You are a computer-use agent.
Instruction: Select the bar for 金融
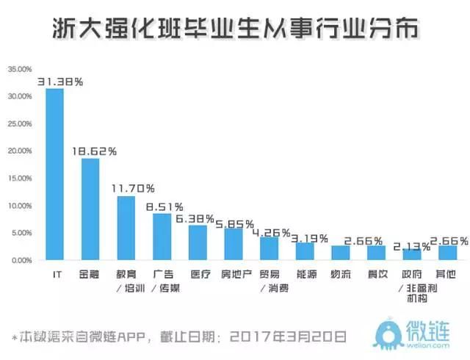[x=90, y=209]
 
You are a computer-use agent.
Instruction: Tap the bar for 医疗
[x=198, y=242]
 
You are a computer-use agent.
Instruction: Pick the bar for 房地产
[x=234, y=244]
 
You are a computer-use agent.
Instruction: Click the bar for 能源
[x=305, y=251]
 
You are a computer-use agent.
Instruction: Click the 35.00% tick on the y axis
[x=20, y=69]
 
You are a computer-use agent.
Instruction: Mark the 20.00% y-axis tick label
[x=20, y=151]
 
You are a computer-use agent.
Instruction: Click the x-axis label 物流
[x=341, y=274]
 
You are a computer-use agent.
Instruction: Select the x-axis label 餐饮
[x=376, y=274]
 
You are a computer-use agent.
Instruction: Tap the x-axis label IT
[x=55, y=274]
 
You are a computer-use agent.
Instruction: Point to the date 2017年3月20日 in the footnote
[x=287, y=337]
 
